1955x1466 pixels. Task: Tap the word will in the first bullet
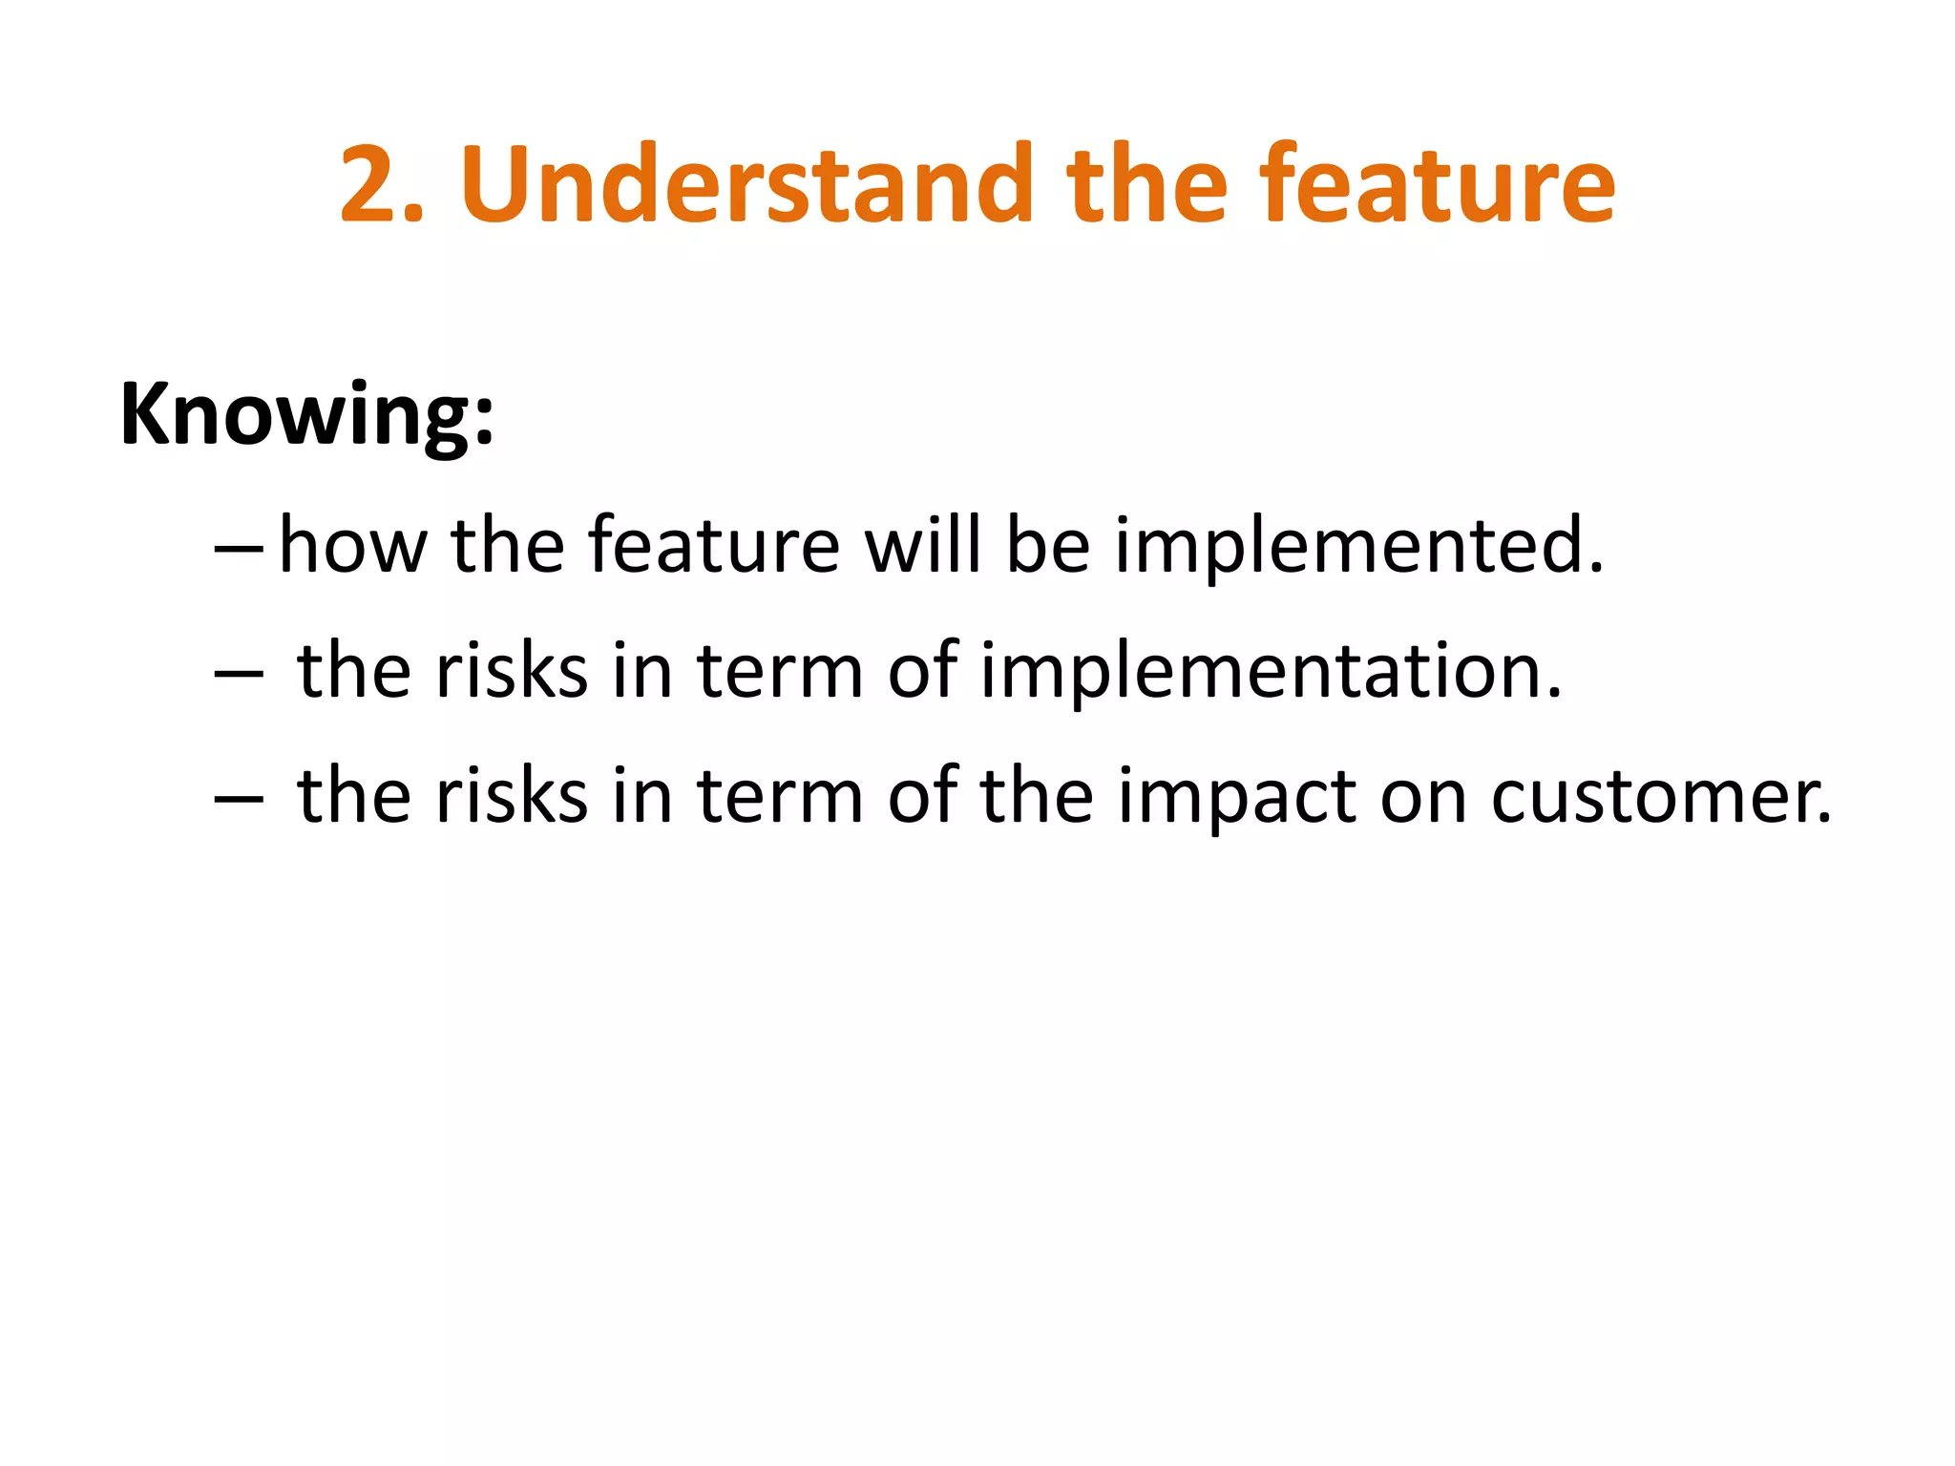click(922, 546)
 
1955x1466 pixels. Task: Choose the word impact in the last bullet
click(1235, 797)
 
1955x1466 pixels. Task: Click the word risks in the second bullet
click(511, 671)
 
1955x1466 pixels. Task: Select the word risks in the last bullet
click(511, 797)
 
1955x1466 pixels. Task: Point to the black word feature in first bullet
click(713, 546)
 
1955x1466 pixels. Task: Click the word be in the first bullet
click(1047, 546)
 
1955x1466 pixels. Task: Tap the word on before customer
click(1423, 797)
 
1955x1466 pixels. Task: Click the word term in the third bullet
click(779, 797)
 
